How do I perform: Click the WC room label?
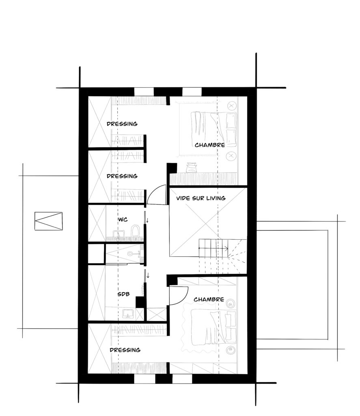[123, 219]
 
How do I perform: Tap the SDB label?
[123, 294]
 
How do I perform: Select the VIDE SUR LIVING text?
[201, 198]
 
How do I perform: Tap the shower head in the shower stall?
[130, 253]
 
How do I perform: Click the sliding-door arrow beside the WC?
[147, 221]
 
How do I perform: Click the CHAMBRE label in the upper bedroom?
[210, 145]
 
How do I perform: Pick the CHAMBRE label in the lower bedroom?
[209, 299]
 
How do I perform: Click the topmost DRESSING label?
[122, 123]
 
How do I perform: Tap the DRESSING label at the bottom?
[125, 350]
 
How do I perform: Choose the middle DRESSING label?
[122, 176]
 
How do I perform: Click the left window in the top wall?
[144, 92]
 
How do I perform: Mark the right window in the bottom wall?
[182, 379]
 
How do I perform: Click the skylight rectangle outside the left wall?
[49, 221]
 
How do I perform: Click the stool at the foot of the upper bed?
[192, 168]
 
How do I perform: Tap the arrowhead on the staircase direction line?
[226, 249]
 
